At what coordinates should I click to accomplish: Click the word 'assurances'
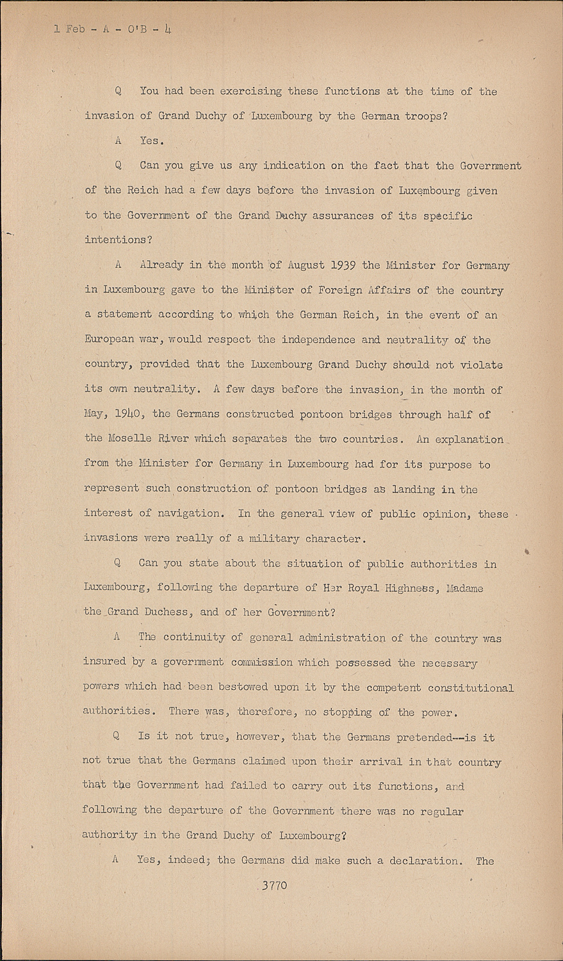[x=343, y=216]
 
